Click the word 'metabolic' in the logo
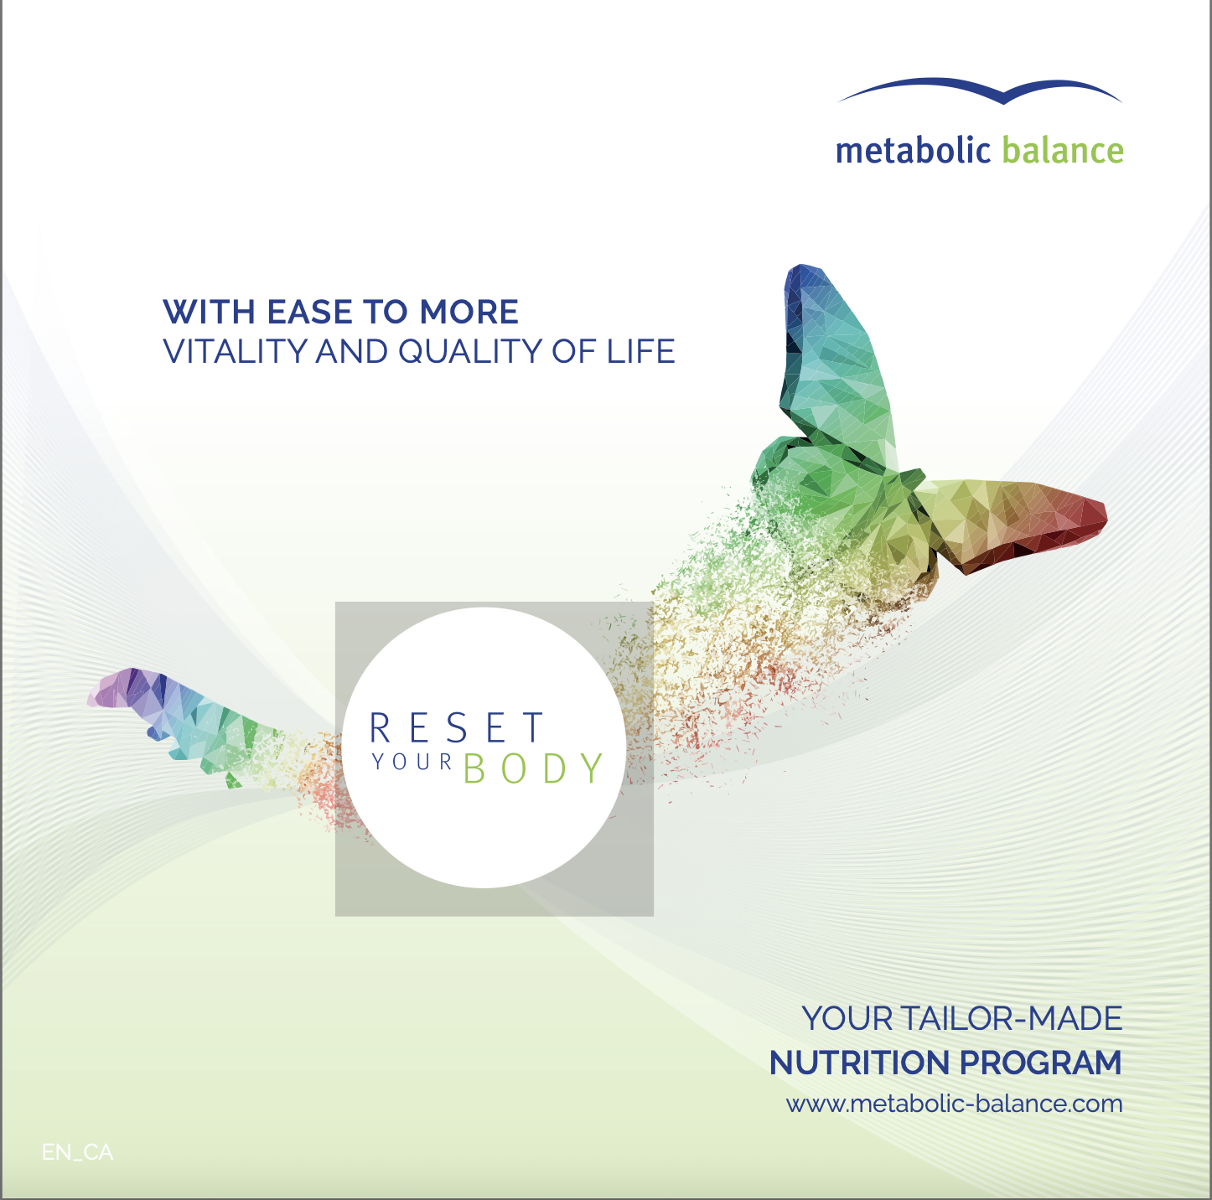coord(914,151)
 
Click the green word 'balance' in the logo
coord(1063,151)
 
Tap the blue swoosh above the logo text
coord(980,90)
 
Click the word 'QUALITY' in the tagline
coord(470,351)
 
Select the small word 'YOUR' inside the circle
coord(412,762)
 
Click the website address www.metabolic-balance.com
coord(954,1104)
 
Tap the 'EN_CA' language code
coord(77,1152)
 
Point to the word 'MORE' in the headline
coord(469,312)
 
